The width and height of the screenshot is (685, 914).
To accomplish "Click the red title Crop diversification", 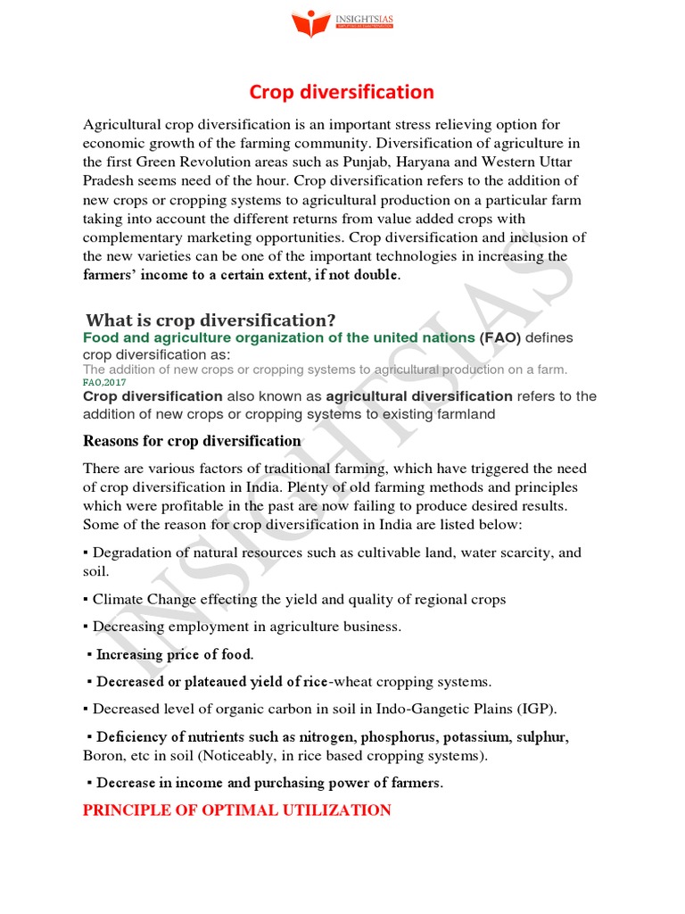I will tap(342, 92).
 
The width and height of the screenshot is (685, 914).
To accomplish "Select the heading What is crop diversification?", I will tap(210, 320).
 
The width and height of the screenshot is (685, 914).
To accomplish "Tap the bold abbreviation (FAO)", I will tap(500, 337).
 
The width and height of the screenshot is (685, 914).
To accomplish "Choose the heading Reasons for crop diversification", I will tap(192, 441).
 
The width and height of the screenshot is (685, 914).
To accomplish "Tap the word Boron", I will tap(103, 756).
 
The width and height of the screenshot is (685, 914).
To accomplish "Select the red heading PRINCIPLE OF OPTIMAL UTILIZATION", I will tap(236, 810).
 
